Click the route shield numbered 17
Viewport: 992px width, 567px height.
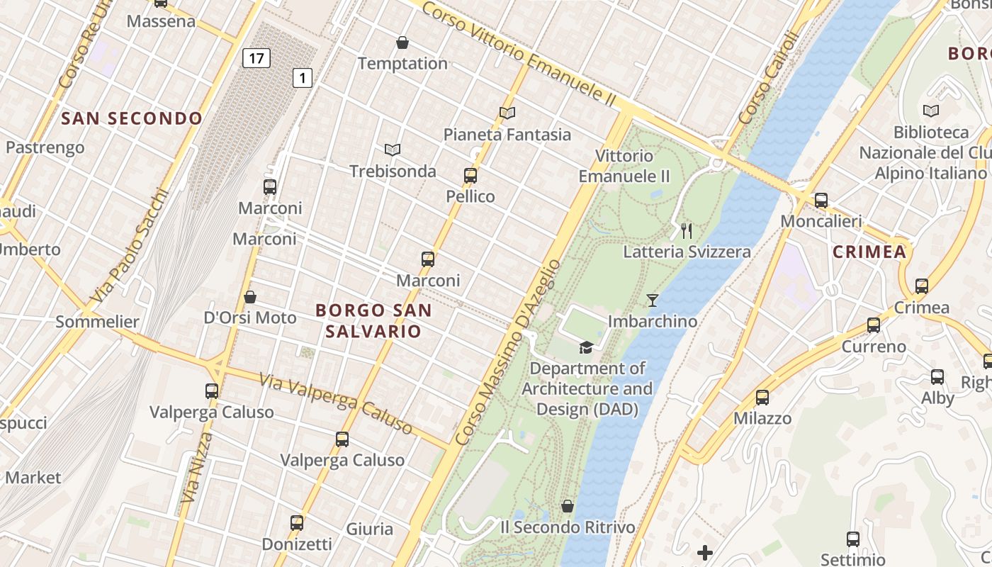pos(256,57)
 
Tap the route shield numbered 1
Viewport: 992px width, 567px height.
pos(303,77)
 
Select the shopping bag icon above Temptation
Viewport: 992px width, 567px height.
pos(402,43)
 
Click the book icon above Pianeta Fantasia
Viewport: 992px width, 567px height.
pos(507,113)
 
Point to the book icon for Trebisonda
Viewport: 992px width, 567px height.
pos(393,150)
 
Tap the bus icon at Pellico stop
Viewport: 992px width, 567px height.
pos(470,176)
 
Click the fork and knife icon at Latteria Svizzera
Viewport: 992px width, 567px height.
pos(686,230)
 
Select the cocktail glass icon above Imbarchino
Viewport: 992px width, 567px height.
pos(653,301)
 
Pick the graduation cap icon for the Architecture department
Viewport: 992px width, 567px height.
pos(586,347)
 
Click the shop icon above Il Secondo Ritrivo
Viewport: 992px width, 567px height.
pos(568,506)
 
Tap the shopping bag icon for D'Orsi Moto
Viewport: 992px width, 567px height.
pos(249,296)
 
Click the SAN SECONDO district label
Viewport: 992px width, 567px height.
pos(132,118)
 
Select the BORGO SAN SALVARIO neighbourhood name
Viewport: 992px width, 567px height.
pos(373,320)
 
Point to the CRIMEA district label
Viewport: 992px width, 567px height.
pos(869,252)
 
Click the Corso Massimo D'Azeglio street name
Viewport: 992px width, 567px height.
pos(507,352)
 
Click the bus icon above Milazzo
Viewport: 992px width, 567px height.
pos(762,398)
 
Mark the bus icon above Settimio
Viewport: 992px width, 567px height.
pos(853,539)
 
